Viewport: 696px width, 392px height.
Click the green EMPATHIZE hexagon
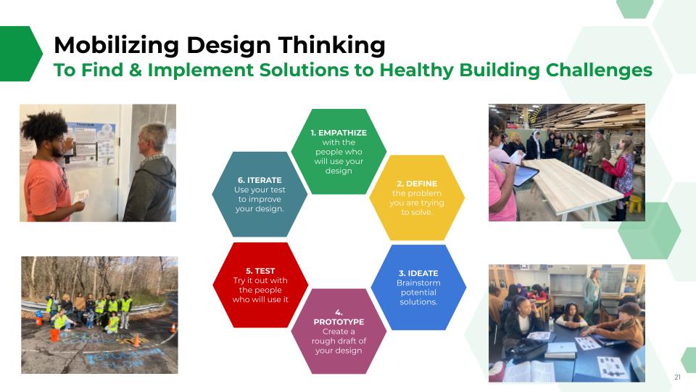click(x=339, y=152)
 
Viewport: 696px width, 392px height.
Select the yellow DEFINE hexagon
click(x=417, y=197)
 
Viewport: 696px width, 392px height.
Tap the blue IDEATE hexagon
click(x=418, y=287)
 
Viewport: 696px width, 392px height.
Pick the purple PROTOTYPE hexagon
click(x=339, y=331)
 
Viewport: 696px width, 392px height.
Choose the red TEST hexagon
click(x=260, y=285)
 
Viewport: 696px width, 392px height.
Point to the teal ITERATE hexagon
click(x=260, y=195)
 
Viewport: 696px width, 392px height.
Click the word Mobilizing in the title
click(x=116, y=46)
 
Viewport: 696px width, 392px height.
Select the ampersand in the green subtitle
click(x=136, y=70)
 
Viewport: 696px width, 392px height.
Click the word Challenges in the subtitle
click(x=599, y=70)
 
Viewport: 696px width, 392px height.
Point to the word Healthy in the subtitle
click(x=418, y=70)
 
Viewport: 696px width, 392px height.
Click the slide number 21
click(x=677, y=377)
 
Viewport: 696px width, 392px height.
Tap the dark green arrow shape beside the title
click(x=20, y=54)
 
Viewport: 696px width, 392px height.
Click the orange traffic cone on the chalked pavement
click(x=137, y=340)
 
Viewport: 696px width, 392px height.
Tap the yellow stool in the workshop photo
click(x=636, y=204)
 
